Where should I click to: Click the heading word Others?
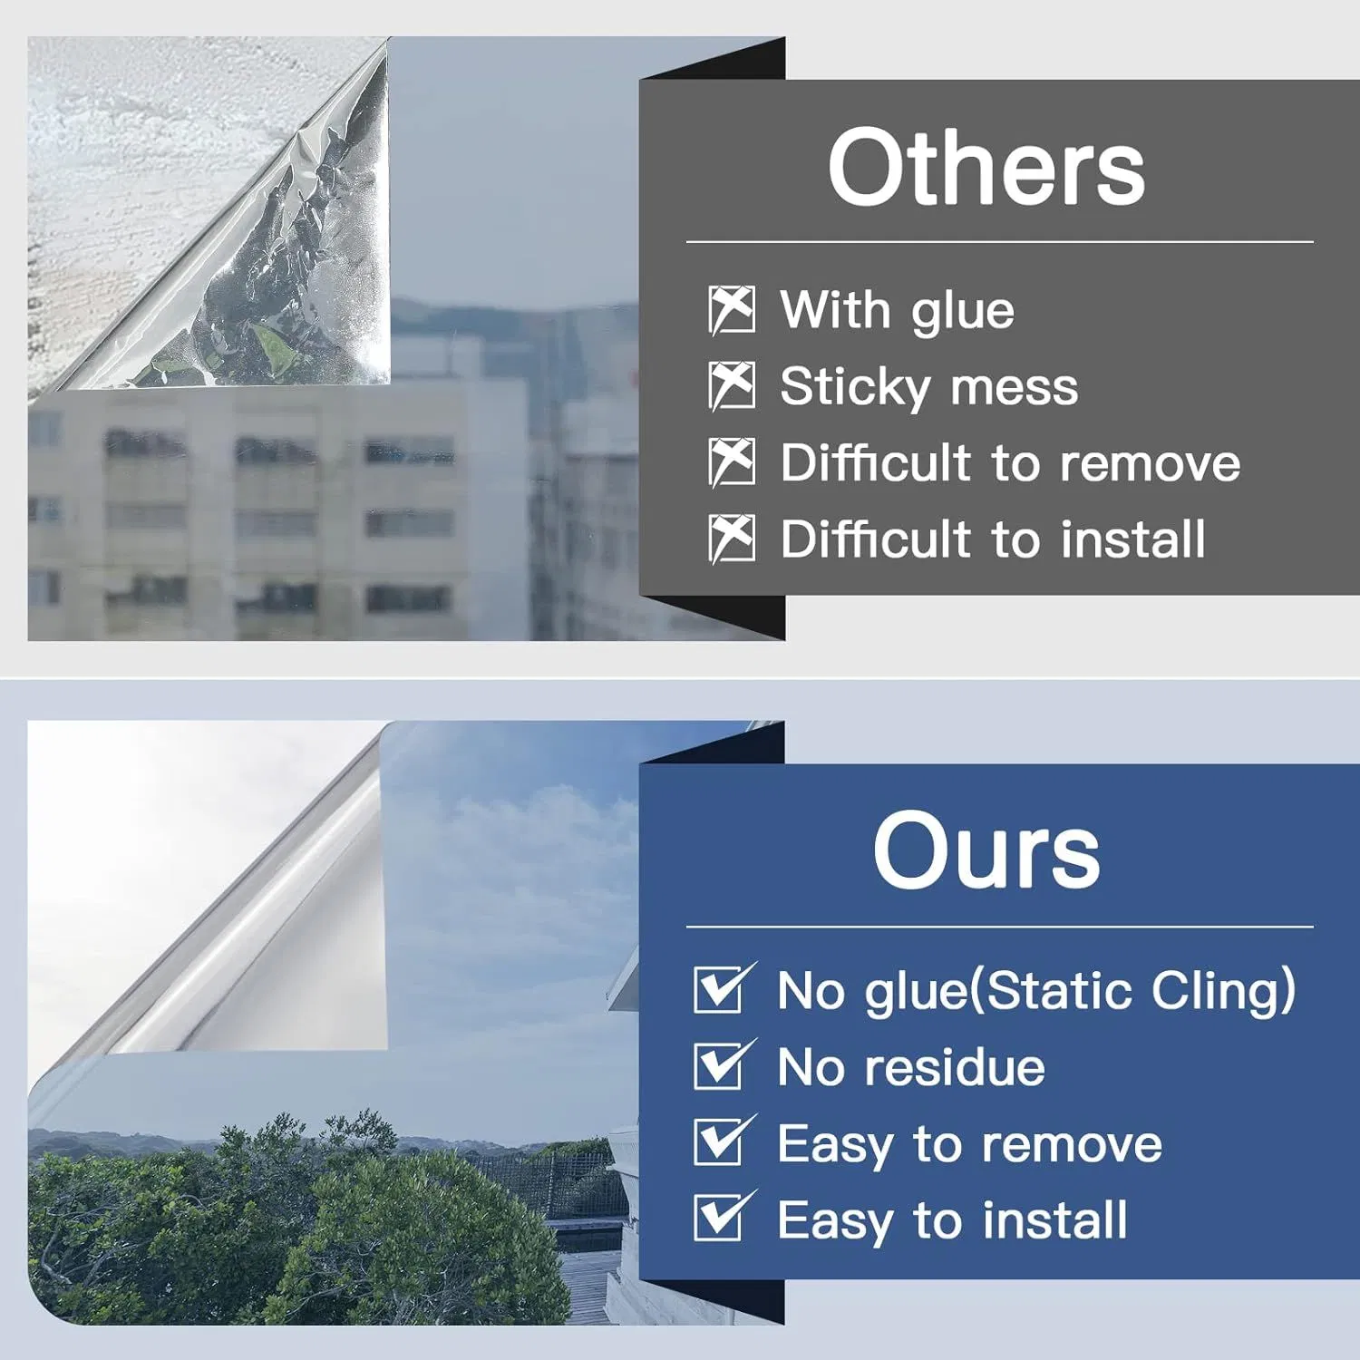(x=986, y=169)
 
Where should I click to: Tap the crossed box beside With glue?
(x=732, y=310)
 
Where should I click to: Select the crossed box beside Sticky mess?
(x=732, y=386)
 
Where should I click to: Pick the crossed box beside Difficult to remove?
(x=732, y=462)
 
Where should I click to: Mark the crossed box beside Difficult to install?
(x=732, y=539)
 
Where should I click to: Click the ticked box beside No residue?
(x=722, y=1065)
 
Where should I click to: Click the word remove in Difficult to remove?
(x=1150, y=464)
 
